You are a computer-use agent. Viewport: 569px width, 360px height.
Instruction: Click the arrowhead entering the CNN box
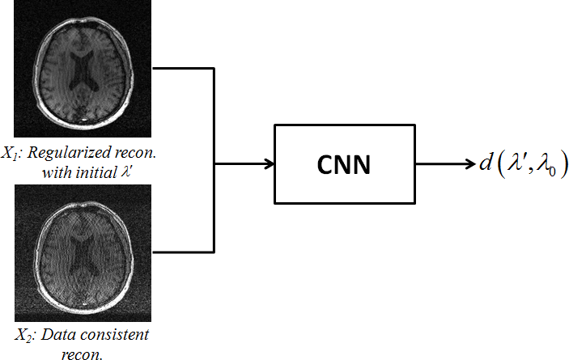tap(270, 164)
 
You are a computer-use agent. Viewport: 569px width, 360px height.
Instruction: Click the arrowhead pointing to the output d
tap(470, 164)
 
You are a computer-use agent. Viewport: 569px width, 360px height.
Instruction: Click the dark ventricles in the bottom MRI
tap(80, 252)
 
